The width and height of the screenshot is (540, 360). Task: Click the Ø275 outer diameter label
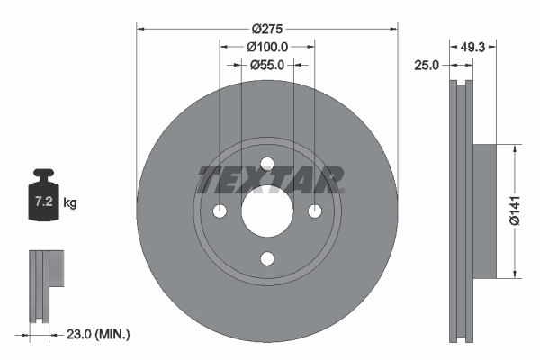coord(267,15)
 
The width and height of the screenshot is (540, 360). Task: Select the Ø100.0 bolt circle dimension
coord(267,45)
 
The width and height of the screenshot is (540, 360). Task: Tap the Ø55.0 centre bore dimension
coord(267,65)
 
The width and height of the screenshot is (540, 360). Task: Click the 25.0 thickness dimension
coord(426,66)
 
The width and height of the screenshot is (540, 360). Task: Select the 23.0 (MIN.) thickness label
coord(99,334)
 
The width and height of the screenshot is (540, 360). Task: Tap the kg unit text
coord(70,203)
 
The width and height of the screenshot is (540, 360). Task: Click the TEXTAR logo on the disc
coord(267,180)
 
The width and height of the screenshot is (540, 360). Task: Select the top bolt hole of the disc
coord(267,163)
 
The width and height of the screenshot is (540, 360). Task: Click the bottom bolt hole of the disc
coord(267,259)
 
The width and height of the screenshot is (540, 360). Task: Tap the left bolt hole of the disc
coord(220,211)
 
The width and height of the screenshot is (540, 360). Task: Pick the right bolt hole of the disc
coord(315,211)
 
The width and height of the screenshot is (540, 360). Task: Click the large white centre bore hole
coord(267,211)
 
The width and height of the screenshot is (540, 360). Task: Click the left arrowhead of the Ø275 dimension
coord(140,28)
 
